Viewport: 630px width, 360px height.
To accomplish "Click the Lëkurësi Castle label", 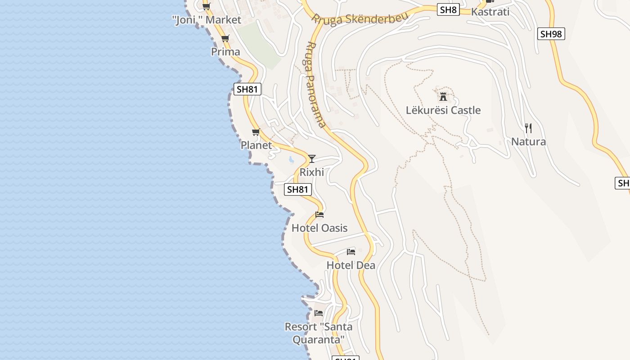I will click(443, 110).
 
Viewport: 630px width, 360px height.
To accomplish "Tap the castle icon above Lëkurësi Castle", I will click(443, 96).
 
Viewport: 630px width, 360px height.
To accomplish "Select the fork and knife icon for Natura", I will click(528, 128).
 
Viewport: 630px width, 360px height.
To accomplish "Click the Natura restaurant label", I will click(528, 142).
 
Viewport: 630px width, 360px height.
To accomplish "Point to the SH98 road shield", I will click(551, 34).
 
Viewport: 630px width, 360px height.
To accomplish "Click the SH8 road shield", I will click(448, 10).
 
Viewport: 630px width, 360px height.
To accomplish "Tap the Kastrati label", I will click(490, 12).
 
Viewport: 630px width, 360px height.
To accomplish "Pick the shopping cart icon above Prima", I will click(225, 38).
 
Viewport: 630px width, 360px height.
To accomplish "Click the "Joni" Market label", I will click(207, 20).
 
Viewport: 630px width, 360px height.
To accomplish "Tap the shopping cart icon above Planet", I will click(256, 132).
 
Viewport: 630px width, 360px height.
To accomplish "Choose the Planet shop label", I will click(256, 145).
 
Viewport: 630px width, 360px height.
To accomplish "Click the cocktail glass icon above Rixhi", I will click(311, 158).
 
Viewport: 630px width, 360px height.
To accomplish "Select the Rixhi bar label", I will click(312, 172).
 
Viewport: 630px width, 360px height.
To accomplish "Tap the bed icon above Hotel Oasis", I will click(319, 214).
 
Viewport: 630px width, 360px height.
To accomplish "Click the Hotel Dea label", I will click(351, 265).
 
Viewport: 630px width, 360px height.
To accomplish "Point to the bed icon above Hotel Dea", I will click(351, 252).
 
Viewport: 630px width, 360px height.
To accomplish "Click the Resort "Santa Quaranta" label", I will click(319, 333).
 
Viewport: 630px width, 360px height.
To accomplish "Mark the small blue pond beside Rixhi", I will click(292, 159).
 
